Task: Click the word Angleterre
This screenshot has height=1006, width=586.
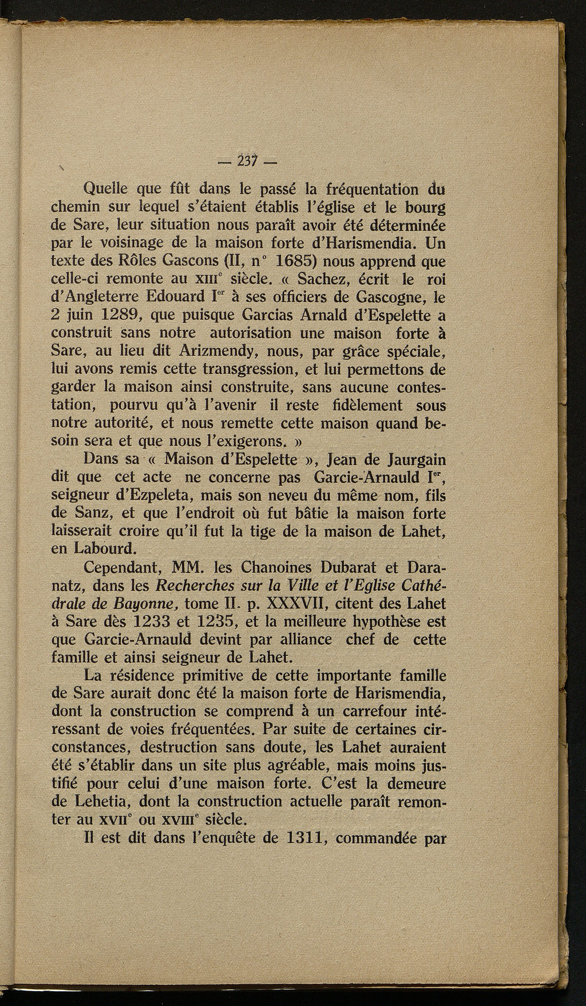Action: tap(110, 297)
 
